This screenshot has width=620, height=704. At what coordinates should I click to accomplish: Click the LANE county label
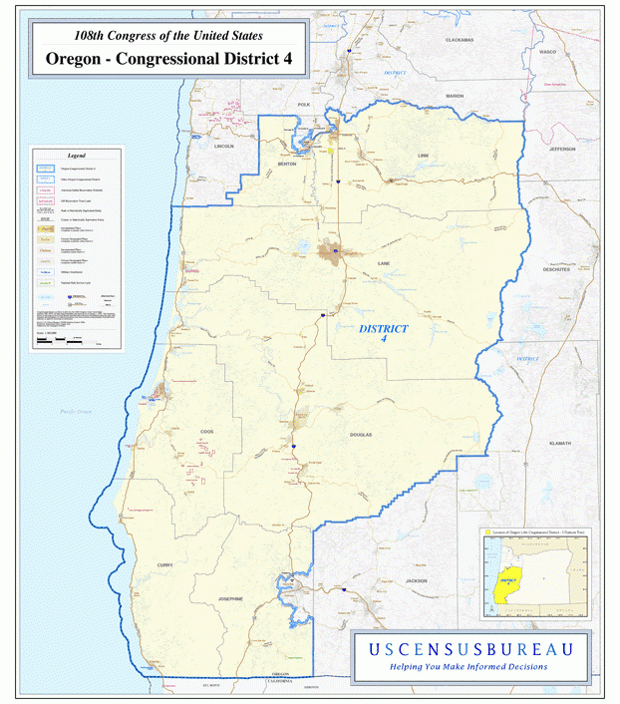[384, 263]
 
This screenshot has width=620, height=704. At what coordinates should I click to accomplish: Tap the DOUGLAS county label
[361, 435]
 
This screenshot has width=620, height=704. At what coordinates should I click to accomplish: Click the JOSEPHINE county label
[231, 598]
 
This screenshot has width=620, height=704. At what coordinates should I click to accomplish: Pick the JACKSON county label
[416, 580]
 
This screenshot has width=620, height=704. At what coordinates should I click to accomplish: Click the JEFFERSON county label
[561, 149]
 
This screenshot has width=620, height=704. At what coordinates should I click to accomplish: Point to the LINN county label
[423, 156]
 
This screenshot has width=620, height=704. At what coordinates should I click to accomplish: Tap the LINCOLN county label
[224, 146]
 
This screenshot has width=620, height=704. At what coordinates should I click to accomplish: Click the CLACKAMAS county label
[460, 39]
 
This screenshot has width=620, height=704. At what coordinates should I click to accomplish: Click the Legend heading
[77, 157]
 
